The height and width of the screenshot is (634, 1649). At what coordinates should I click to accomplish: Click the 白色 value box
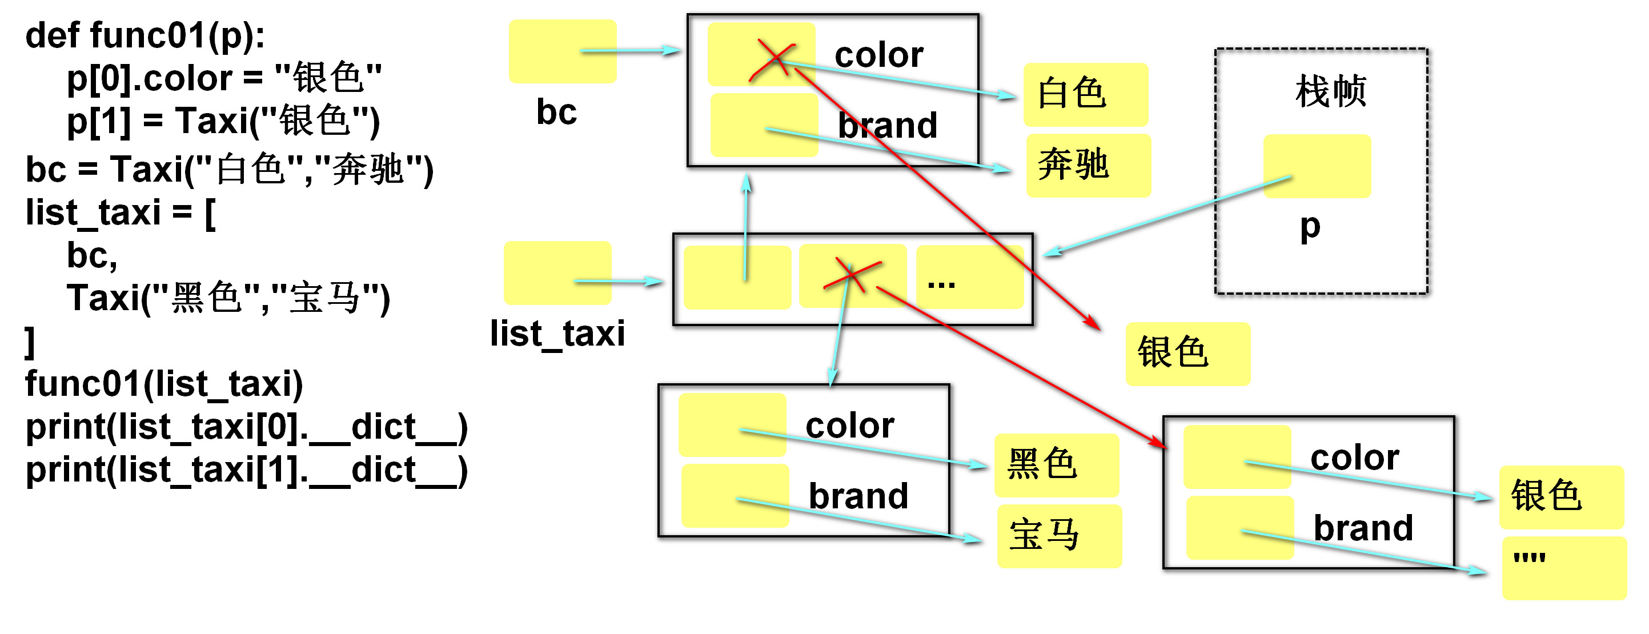pyautogui.click(x=1085, y=94)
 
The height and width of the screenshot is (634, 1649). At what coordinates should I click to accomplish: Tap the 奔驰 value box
pyautogui.click(x=1088, y=165)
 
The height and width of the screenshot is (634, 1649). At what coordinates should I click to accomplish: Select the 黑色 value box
pyautogui.click(x=1056, y=465)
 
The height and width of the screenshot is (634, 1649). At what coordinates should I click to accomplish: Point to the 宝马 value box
pyautogui.click(x=1059, y=535)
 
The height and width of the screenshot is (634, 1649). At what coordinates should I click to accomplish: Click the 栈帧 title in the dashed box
pyautogui.click(x=1330, y=91)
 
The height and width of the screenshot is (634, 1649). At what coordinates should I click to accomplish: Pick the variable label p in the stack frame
pyautogui.click(x=1310, y=227)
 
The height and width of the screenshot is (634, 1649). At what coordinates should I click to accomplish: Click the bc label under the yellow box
pyautogui.click(x=556, y=113)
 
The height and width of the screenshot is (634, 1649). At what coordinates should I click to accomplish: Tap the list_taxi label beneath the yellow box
pyautogui.click(x=557, y=334)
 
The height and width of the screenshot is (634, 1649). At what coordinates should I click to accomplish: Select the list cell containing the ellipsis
pyautogui.click(x=969, y=277)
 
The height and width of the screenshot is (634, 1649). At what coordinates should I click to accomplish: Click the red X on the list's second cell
pyautogui.click(x=852, y=275)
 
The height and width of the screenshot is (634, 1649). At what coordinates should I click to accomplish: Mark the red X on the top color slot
pyautogui.click(x=774, y=59)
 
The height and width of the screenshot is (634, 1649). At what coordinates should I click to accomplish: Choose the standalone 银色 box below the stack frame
pyautogui.click(x=1187, y=354)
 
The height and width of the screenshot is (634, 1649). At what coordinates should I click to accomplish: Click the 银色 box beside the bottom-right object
pyautogui.click(x=1560, y=497)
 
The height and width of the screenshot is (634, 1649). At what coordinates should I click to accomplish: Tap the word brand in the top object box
pyautogui.click(x=887, y=126)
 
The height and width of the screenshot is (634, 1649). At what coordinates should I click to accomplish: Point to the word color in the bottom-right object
pyautogui.click(x=1354, y=458)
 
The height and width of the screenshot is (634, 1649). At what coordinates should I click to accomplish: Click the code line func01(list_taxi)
pyautogui.click(x=164, y=384)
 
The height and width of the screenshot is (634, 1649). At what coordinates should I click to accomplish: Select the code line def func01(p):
pyautogui.click(x=145, y=35)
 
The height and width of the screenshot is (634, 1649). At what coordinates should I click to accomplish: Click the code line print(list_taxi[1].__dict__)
pyautogui.click(x=246, y=470)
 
